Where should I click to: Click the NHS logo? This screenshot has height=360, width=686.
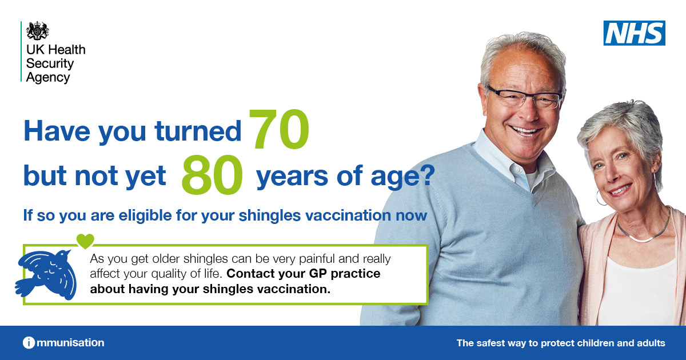(x=634, y=33)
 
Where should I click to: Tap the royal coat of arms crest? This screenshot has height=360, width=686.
(x=37, y=31)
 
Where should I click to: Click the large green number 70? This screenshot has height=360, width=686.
(x=279, y=130)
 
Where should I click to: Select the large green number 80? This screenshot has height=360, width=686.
(x=212, y=174)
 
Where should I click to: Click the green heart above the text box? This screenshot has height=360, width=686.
(x=85, y=241)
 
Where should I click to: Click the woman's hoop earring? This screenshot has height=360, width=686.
(x=601, y=198)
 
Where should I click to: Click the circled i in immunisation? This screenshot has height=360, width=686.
(x=29, y=342)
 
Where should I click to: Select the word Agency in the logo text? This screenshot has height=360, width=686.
(x=48, y=78)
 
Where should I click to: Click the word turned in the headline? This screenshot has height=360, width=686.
(x=198, y=131)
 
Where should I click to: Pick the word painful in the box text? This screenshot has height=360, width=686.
(x=317, y=259)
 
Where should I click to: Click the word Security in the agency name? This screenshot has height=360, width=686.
(x=50, y=63)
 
